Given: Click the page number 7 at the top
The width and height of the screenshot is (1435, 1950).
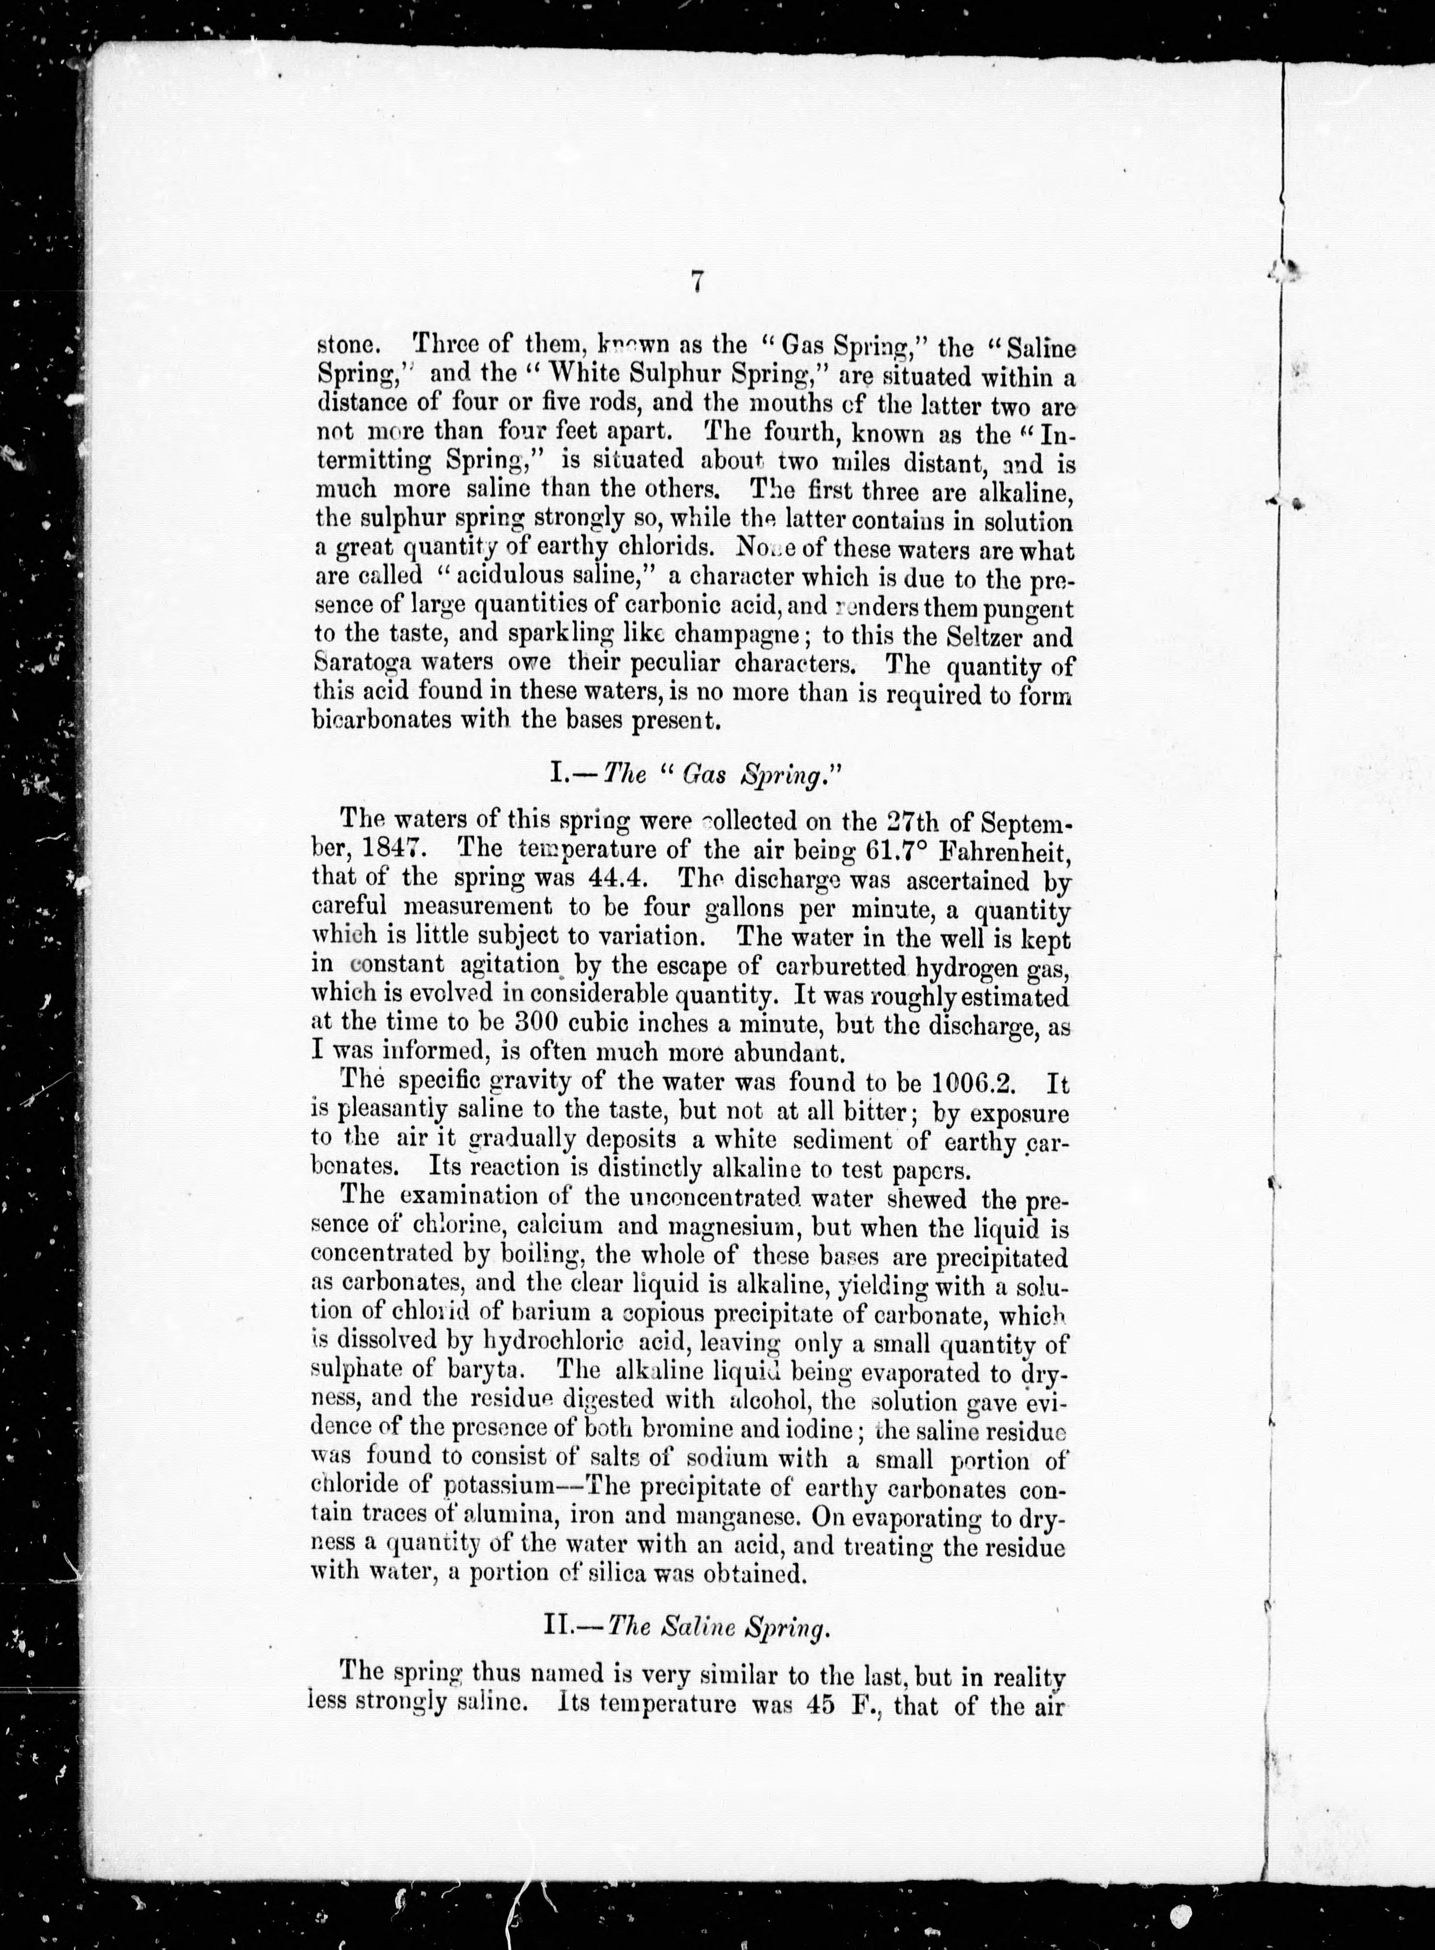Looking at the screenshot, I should pos(697,283).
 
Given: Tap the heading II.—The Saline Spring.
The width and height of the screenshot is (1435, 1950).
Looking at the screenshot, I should pos(686,1625).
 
